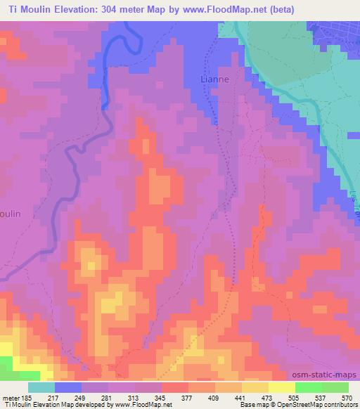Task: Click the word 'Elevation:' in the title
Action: click(89, 9)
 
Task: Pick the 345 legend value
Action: click(160, 397)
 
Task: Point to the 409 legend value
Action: click(214, 397)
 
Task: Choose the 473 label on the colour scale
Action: click(268, 397)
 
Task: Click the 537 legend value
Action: click(321, 397)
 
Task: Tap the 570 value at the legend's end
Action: click(347, 397)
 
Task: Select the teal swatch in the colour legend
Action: click(41, 387)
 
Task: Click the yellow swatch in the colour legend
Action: click(281, 387)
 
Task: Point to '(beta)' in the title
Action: click(276, 9)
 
